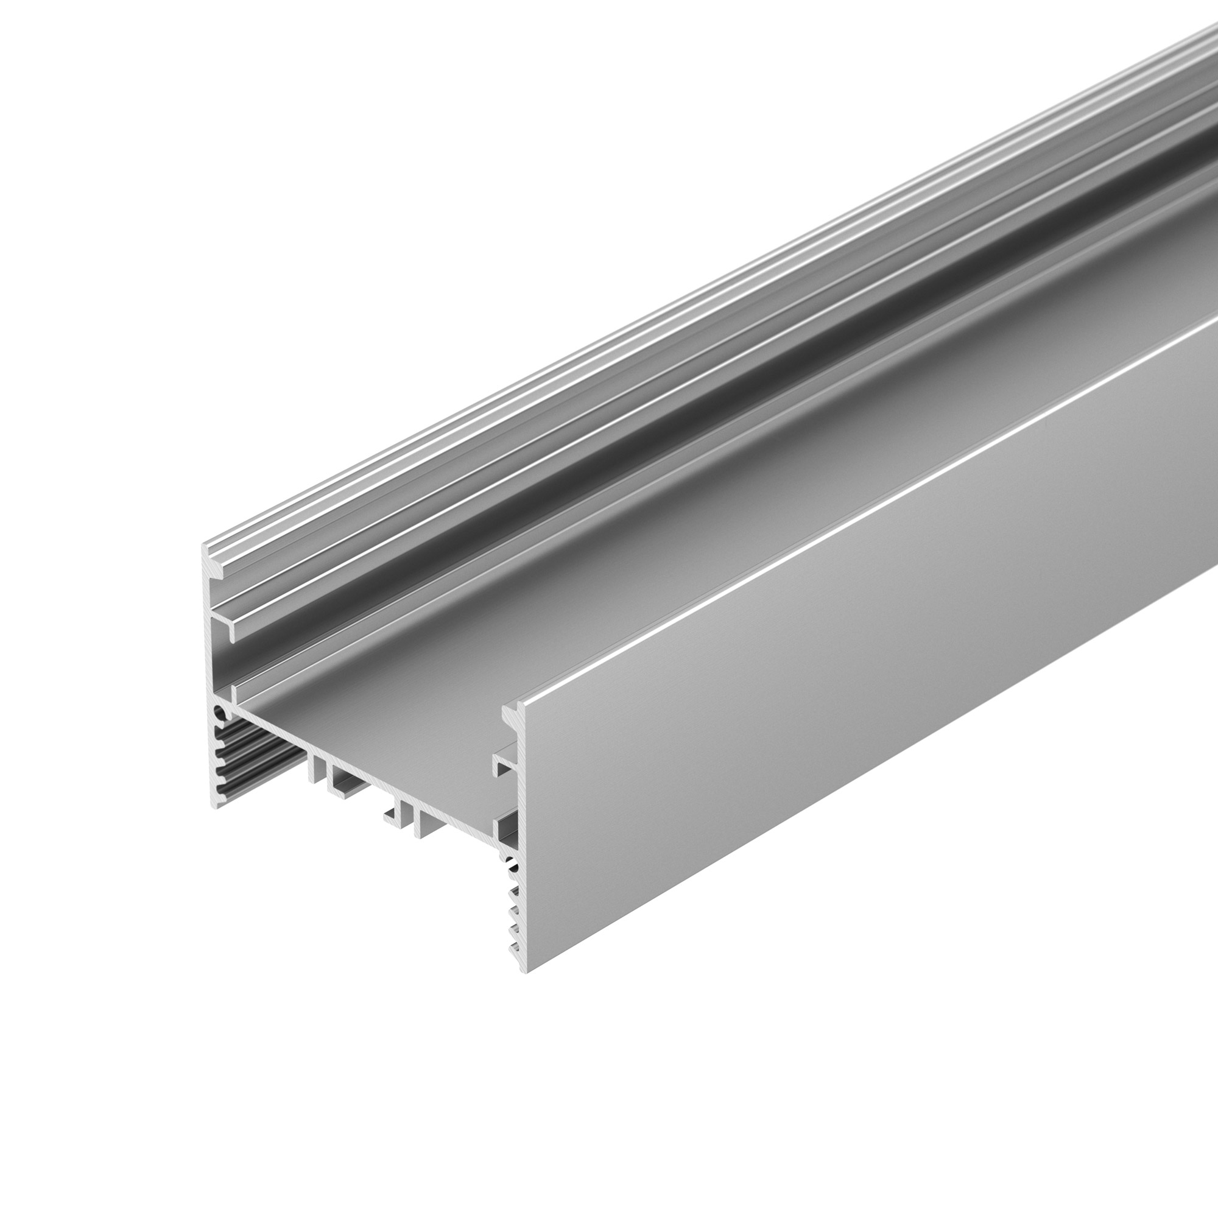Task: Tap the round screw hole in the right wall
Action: (x=512, y=866)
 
